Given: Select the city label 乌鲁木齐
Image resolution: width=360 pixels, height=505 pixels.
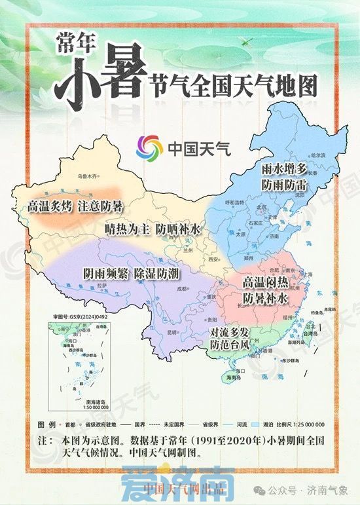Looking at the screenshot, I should pos(87,176).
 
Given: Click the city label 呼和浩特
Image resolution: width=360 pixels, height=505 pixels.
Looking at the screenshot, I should pos(234,202).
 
